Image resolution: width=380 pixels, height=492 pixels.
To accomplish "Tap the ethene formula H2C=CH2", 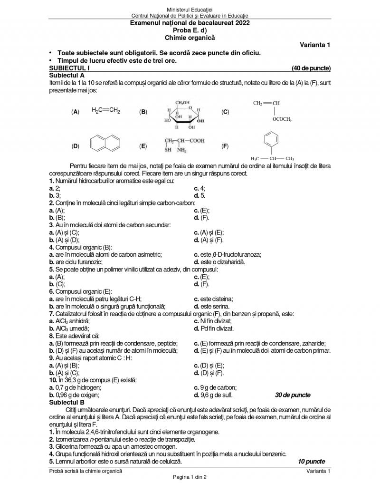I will pyautogui.click(x=106, y=111).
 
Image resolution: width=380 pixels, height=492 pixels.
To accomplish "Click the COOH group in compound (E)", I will pyautogui.click(x=197, y=141).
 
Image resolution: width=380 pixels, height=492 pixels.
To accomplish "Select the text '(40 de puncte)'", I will pyautogui.click(x=311, y=68).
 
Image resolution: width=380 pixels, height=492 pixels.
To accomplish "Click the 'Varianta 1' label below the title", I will pyautogui.click(x=315, y=45).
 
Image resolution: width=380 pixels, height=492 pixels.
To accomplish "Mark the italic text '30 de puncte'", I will pyautogui.click(x=293, y=395).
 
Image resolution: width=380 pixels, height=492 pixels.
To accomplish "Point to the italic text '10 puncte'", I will pyautogui.click(x=311, y=461).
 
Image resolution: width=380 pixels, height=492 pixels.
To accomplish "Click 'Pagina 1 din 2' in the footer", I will pyautogui.click(x=190, y=476).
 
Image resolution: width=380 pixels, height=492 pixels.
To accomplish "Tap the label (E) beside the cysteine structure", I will pyautogui.click(x=143, y=146).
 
